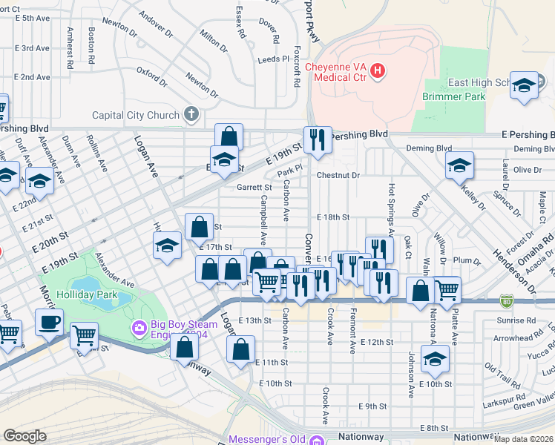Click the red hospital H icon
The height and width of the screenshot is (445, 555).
click(378, 71)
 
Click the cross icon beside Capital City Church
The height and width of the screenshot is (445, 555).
click(191, 114)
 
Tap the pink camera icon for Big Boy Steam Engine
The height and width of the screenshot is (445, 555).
click(137, 327)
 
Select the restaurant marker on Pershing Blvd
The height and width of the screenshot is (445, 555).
click(318, 139)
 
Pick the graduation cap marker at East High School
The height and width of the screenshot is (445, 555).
click(524, 85)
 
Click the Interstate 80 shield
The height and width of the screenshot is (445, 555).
click(506, 300)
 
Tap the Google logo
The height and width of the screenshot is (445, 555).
click(24, 436)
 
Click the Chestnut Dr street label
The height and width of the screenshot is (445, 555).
click(338, 176)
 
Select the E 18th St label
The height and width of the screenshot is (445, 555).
click(332, 217)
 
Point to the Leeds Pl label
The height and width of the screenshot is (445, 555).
click(273, 59)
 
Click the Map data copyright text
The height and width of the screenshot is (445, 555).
click(524, 439)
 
